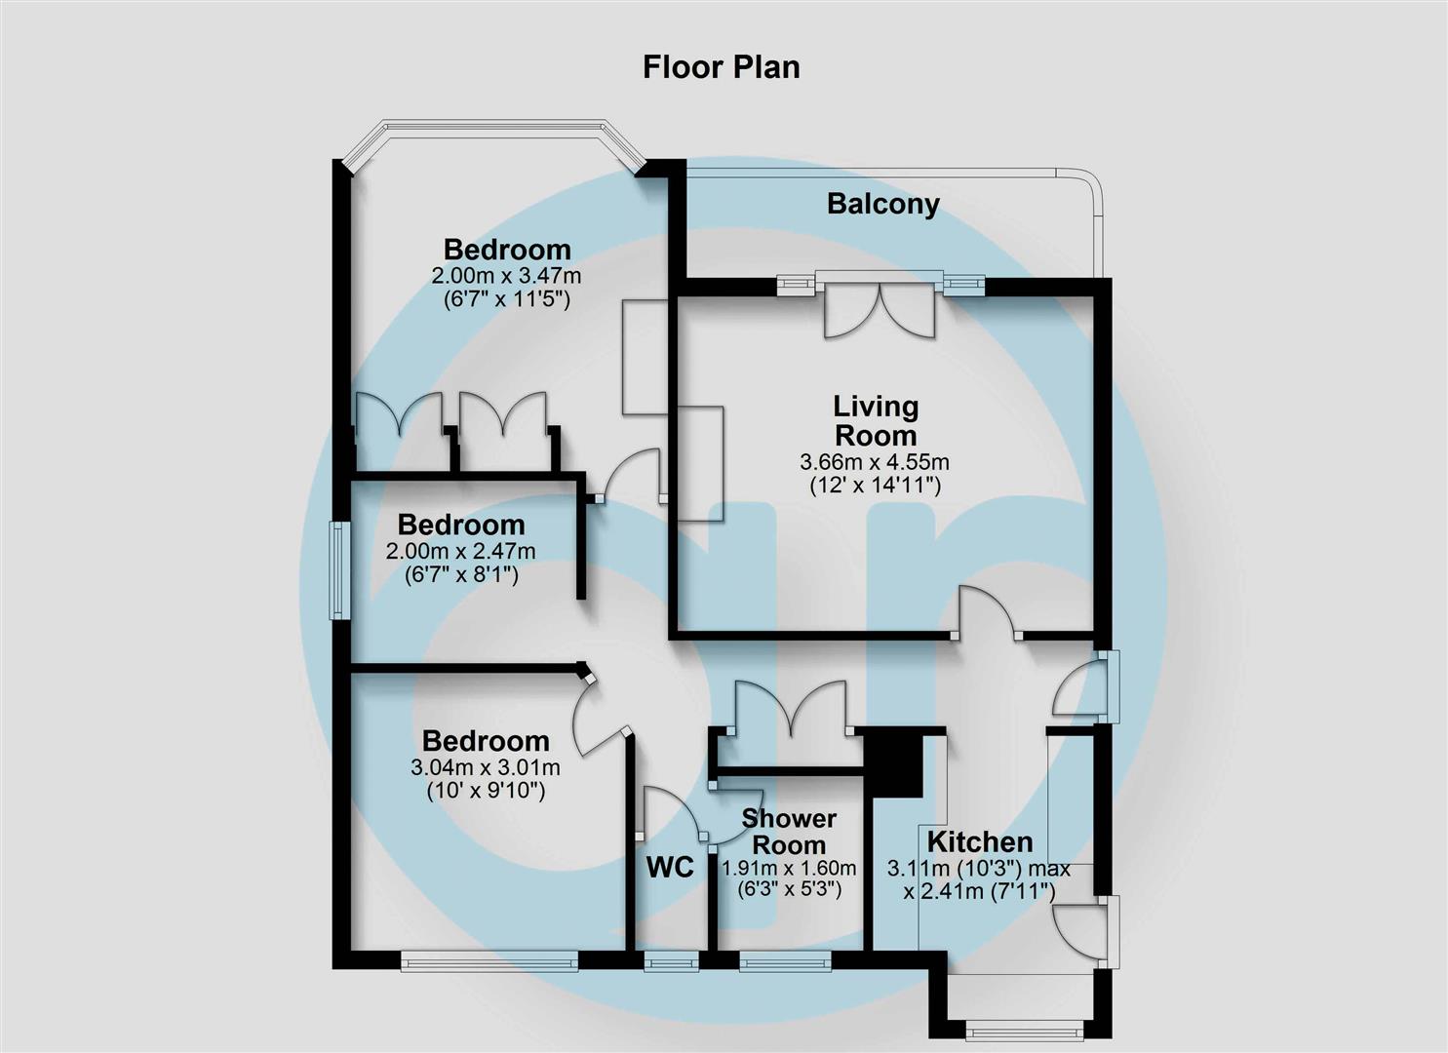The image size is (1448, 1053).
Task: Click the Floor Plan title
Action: (722, 67)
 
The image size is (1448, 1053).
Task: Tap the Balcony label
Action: (882, 204)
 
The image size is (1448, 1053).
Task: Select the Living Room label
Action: (876, 420)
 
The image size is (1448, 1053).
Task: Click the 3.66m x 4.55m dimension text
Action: (875, 462)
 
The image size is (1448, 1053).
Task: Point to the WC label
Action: (670, 867)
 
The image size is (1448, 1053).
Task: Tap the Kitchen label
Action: (979, 841)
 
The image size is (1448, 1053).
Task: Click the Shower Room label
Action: (789, 832)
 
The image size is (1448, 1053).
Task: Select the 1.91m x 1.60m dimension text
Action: (789, 868)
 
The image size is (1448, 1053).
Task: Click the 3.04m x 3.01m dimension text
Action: (486, 767)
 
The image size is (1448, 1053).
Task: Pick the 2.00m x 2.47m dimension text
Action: (461, 552)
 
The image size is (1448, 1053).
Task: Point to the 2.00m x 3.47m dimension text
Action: (506, 276)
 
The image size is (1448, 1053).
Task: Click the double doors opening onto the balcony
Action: (880, 310)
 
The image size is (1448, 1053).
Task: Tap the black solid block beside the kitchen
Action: (896, 764)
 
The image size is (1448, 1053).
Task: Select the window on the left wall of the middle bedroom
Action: (338, 570)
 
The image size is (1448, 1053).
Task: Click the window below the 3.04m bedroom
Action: (489, 961)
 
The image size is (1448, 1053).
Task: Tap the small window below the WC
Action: (671, 962)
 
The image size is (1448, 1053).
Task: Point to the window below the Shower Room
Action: (785, 962)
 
